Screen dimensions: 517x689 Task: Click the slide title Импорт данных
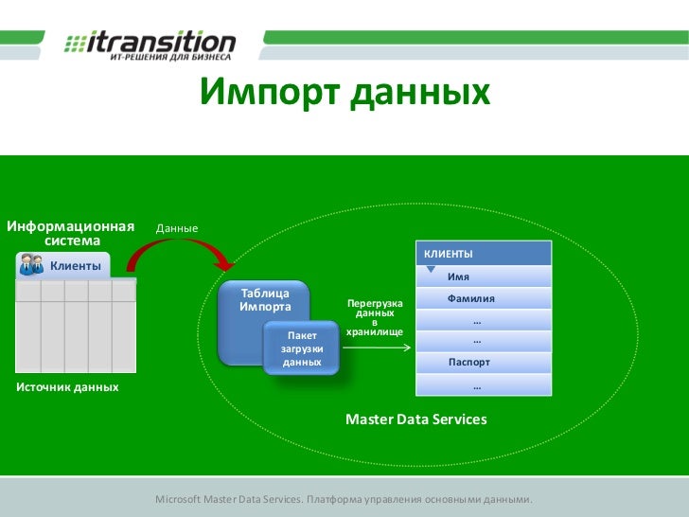[344, 94]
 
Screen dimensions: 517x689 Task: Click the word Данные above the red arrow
[177, 229]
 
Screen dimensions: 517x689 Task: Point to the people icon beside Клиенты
[30, 266]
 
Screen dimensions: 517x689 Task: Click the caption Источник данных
[67, 387]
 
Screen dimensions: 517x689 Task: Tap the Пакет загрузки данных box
[302, 348]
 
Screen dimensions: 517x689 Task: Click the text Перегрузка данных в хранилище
[375, 317]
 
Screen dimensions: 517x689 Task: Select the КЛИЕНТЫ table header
[483, 254]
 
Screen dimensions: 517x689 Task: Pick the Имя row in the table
[483, 276]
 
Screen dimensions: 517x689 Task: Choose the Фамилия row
[483, 298]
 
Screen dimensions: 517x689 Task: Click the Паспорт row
[483, 363]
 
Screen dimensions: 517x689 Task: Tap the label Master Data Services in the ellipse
[415, 419]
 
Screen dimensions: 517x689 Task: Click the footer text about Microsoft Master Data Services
[344, 499]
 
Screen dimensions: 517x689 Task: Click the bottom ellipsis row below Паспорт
[483, 385]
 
